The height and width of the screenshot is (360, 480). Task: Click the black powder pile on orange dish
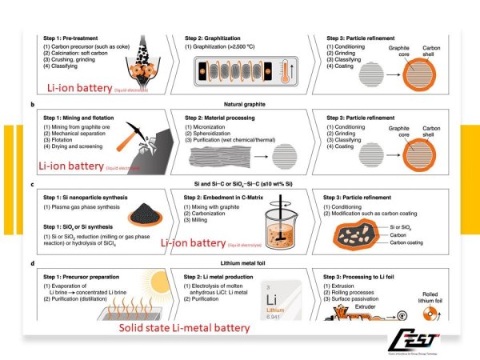[127, 211]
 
